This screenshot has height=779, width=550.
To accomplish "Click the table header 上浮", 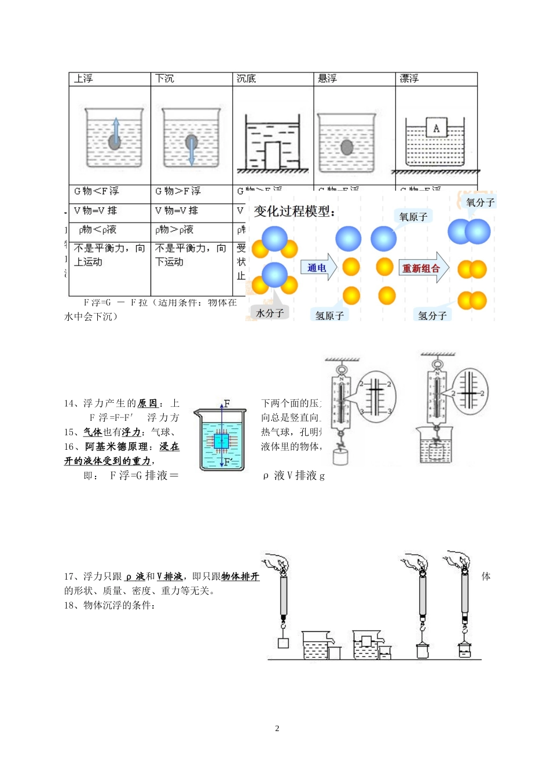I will (x=83, y=79).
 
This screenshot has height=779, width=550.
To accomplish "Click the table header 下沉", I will (x=164, y=79).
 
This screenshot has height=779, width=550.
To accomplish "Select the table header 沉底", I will (x=246, y=79).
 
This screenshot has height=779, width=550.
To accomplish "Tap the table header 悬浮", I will (x=328, y=79).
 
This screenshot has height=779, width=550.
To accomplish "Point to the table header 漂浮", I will (x=409, y=79).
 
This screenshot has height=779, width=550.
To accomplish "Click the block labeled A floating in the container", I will (x=436, y=128).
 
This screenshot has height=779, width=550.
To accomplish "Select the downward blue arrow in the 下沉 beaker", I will (x=192, y=150).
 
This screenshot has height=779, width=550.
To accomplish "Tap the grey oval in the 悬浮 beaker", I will (x=347, y=147).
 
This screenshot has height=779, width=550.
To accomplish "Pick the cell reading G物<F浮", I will (x=96, y=191).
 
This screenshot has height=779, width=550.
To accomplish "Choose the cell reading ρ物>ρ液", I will (x=174, y=230).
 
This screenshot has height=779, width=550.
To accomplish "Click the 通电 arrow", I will (x=318, y=268).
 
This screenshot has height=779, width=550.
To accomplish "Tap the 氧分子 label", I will (x=480, y=202).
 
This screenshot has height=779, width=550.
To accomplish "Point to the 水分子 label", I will (x=270, y=313).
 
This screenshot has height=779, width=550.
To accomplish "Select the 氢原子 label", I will (x=329, y=315).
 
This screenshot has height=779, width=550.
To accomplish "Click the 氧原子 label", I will (x=413, y=217).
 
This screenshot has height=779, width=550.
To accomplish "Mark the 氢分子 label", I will (x=432, y=315).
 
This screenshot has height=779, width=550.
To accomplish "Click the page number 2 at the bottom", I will (x=277, y=729).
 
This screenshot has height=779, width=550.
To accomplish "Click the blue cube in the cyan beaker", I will (x=221, y=441).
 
